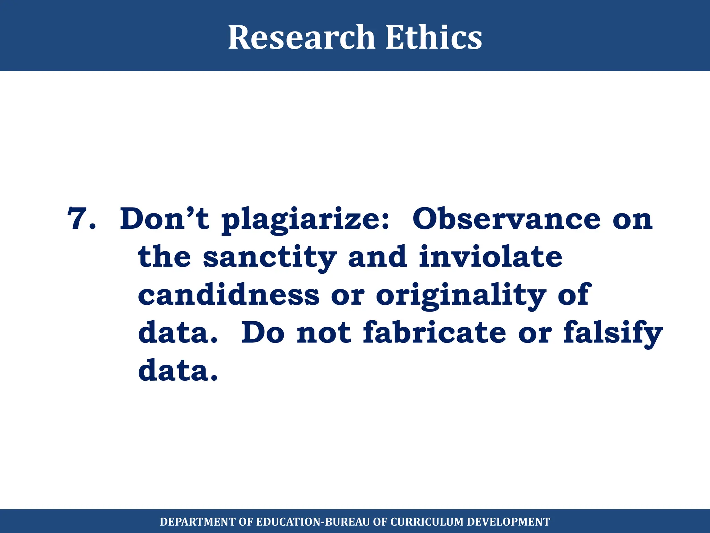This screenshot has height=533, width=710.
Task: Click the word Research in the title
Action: click(x=301, y=37)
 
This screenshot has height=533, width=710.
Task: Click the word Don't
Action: click(x=164, y=219)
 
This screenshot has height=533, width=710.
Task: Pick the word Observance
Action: click(x=506, y=219)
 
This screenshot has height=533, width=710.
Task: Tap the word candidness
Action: click(x=228, y=295)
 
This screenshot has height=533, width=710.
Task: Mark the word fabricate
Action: click(x=434, y=332)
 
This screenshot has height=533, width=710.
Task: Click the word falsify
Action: click(x=613, y=333)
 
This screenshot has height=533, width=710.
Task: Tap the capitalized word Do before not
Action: click(x=263, y=332)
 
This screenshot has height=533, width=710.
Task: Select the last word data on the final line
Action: click(x=178, y=371)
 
